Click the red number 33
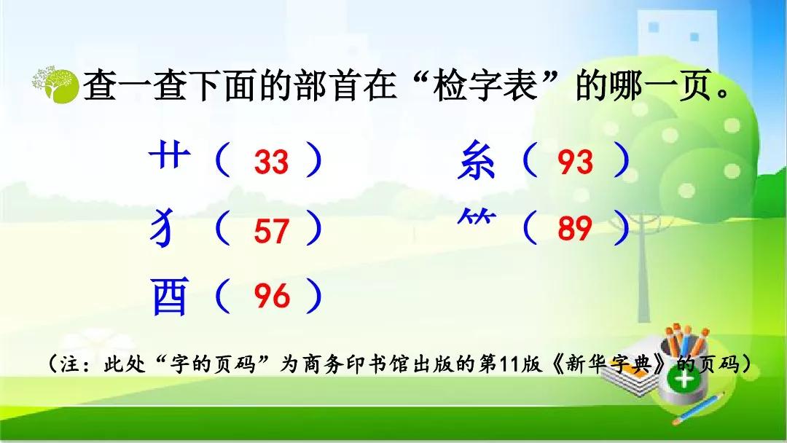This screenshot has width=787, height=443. pos(272,162)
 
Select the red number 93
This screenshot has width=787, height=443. pos(575,162)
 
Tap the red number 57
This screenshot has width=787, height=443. pos(272,231)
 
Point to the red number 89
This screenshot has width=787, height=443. pos(575,228)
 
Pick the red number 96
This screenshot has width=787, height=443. pos(272,295)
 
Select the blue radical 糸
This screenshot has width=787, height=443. pos(476,160)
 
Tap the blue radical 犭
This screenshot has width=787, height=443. pos(163,228)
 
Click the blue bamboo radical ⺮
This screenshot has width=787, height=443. pos(477,216)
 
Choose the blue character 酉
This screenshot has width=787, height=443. pos(170,296)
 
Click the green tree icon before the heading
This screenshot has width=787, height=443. pos(55,84)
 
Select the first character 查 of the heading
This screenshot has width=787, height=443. pos(99,85)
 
